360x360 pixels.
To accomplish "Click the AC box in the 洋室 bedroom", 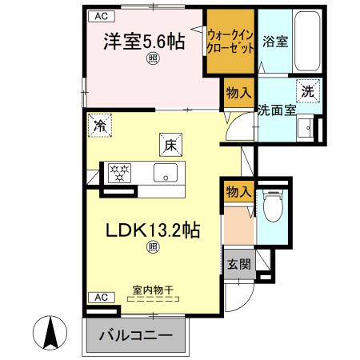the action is tap(102, 16).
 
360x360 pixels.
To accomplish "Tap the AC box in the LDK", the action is tap(102, 297).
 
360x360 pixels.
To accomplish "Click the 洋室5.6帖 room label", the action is tap(144, 42).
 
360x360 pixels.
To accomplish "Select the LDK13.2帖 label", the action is tap(153, 230).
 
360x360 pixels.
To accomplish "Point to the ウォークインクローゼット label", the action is tap(230, 42).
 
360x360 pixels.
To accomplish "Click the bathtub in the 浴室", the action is tap(307, 41).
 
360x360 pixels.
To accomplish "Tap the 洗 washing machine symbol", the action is tap(308, 91).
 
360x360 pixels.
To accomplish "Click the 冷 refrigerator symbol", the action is tap(100, 126).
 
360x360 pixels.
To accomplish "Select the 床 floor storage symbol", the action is tap(170, 145).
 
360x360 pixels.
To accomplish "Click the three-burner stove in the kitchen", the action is tap(119, 173).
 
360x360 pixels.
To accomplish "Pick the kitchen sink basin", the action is tap(166, 173).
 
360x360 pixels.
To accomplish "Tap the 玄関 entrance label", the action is tap(239, 264).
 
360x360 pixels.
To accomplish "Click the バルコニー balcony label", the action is tap(136, 335).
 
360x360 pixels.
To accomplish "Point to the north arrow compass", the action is tap(50, 333).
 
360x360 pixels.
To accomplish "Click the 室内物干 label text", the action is tap(153, 290).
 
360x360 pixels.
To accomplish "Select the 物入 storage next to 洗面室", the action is tap(238, 93).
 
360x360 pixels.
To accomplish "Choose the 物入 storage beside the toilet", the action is tap(238, 191).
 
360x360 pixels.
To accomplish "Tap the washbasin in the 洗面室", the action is tap(306, 127).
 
